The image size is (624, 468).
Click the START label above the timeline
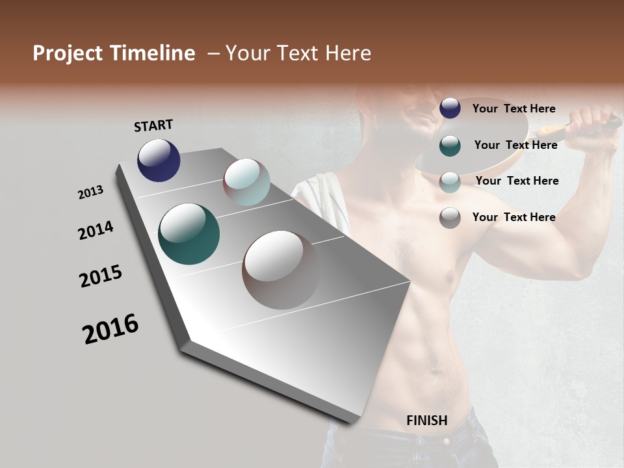pos(153,125)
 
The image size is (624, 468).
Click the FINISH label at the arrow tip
pos(426,421)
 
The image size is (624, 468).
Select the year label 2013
pos(90,192)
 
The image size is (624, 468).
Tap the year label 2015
pos(101,276)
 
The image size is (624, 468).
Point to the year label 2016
pos(110,329)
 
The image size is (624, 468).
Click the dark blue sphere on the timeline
pos(159,160)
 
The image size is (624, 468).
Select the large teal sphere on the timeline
pos(188,234)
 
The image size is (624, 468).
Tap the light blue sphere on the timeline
pos(246,182)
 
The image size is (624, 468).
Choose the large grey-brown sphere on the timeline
pos(282,269)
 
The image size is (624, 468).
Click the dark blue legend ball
pos(450,109)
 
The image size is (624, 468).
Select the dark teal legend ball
pos(450,146)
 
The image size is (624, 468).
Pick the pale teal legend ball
pos(450,182)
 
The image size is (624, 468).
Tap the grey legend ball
pos(450,218)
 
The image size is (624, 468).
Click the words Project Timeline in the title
pos(114,53)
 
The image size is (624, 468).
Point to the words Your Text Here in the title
pos(298,53)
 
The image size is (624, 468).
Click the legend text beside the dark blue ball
pos(513,109)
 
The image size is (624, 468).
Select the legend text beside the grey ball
pos(513,217)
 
